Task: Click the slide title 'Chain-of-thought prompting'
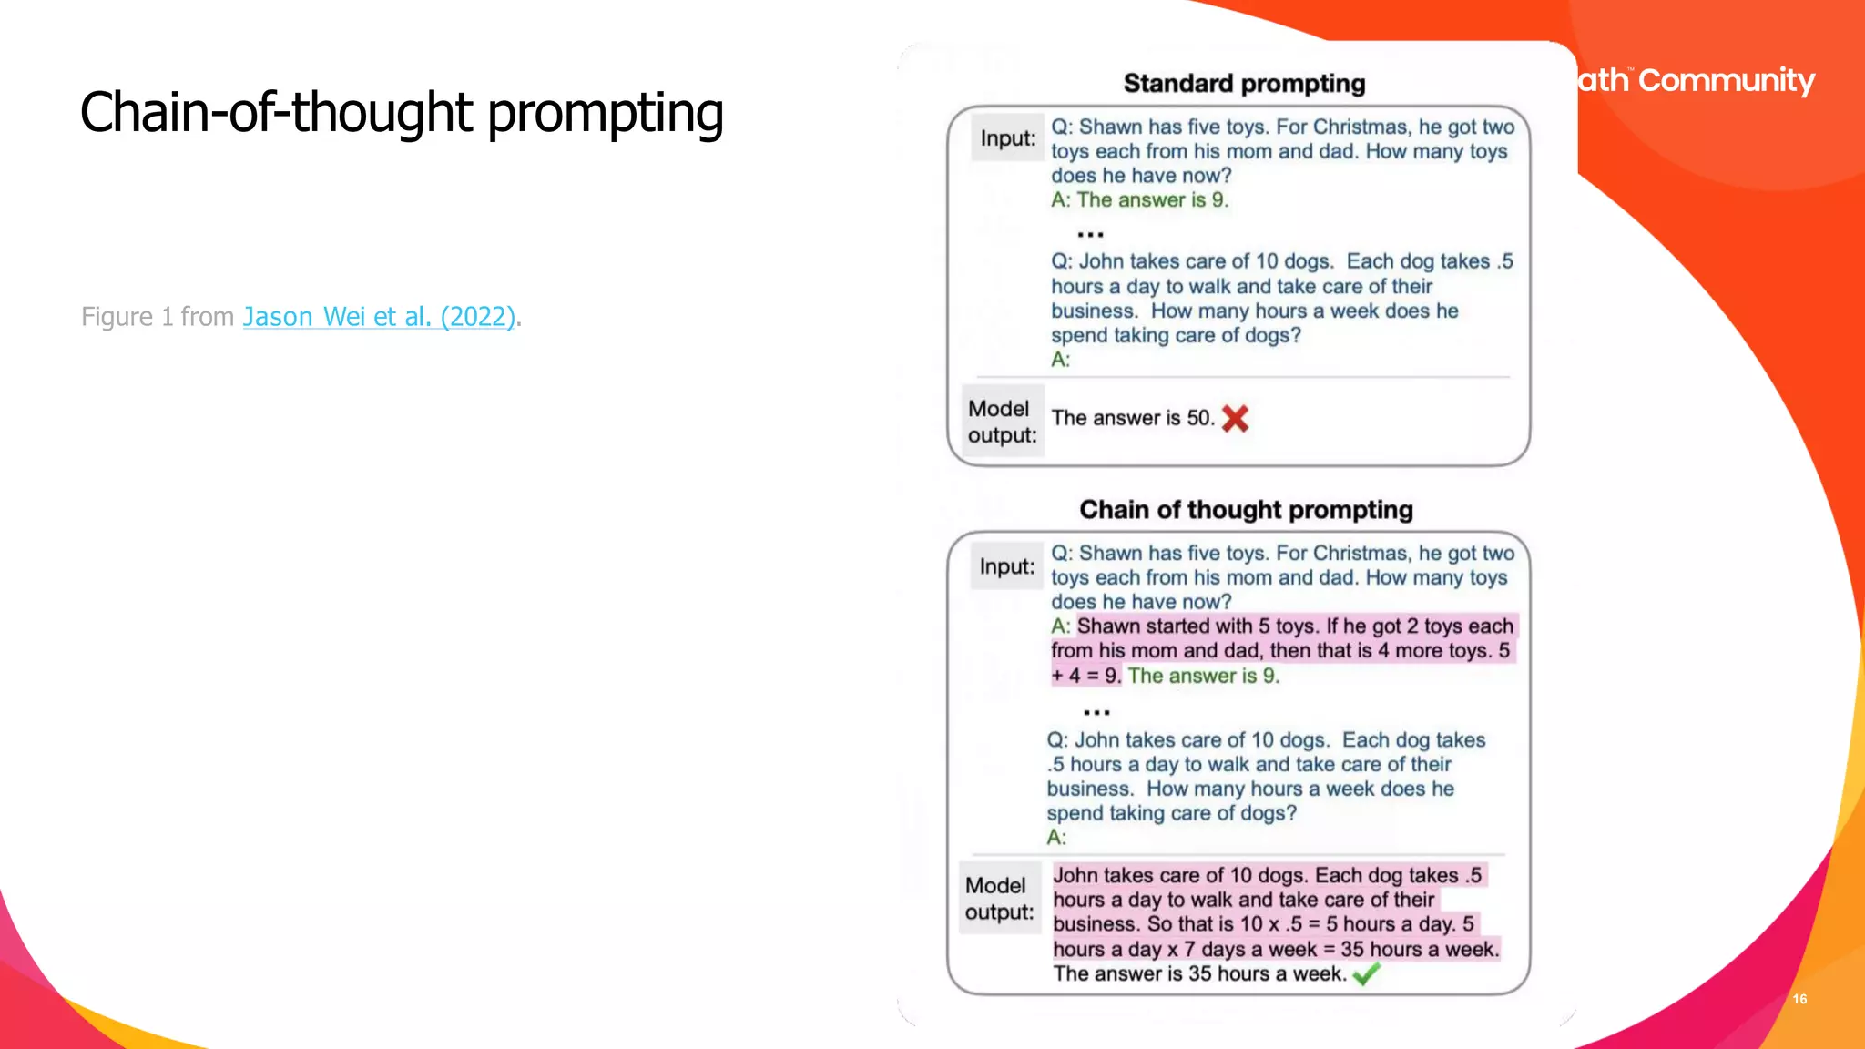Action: point(402,113)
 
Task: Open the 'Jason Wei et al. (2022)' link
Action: point(379,316)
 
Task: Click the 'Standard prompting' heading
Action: point(1244,84)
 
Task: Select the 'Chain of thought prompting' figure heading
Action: point(1246,510)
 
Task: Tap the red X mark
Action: point(1235,419)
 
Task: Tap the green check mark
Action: point(1366,975)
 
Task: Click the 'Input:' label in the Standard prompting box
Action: point(1008,138)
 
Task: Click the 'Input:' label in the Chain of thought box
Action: point(1007,566)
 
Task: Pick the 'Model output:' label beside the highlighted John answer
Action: point(999,899)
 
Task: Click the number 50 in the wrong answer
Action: point(1199,418)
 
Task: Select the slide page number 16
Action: point(1799,999)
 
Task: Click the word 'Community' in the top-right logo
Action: point(1727,81)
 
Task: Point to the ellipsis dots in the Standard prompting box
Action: point(1090,234)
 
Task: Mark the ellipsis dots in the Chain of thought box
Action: point(1096,712)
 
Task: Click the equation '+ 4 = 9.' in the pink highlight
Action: point(1085,676)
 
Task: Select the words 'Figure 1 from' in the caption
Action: point(158,316)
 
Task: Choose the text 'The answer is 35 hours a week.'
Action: point(1199,974)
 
